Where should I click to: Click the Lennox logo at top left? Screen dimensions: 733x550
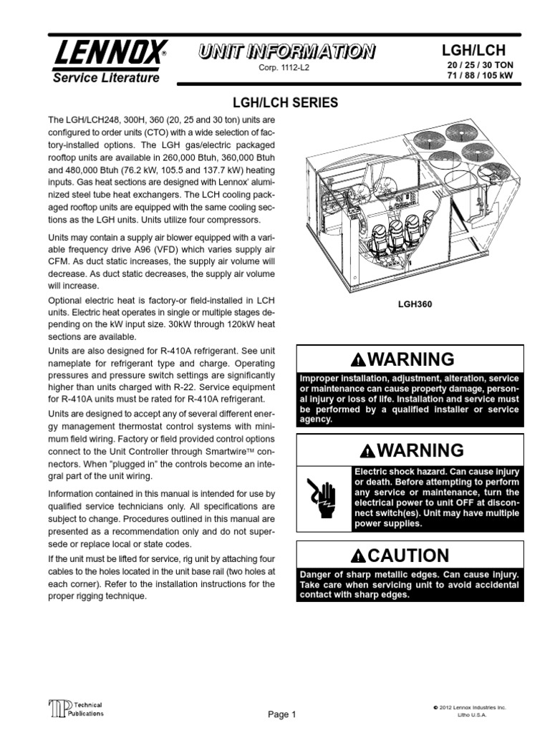107,54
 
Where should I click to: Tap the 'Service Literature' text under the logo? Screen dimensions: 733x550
106,77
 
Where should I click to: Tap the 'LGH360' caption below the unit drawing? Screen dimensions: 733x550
415,304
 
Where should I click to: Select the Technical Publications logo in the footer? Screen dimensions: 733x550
76,709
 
